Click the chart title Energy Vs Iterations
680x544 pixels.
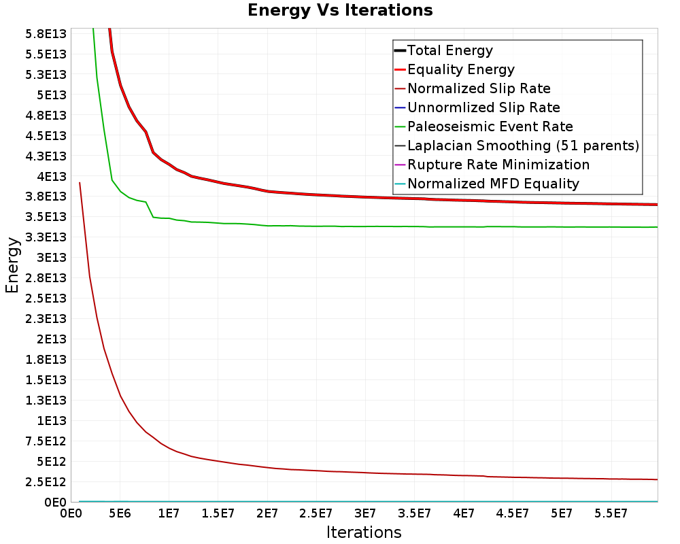pos(340,10)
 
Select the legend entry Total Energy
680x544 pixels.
pos(449,50)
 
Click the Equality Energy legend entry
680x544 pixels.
pos(460,69)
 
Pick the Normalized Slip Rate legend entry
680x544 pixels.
pos(479,88)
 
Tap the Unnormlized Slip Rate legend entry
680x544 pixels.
pos(483,107)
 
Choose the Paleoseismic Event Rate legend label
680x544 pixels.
pos(490,126)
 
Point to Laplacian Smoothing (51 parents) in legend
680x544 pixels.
pos(523,146)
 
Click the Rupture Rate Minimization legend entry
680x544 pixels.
pos(498,165)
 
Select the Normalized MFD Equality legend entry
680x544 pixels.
pos(493,184)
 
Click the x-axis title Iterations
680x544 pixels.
pos(364,532)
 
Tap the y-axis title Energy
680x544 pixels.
pos(12,265)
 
